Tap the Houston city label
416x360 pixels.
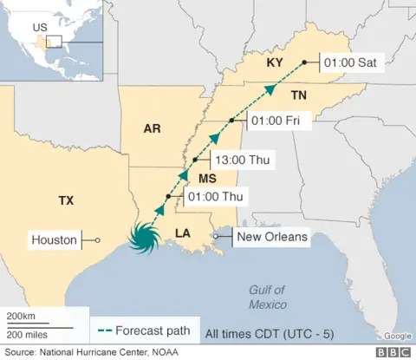click(x=54, y=239)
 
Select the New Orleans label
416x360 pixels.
click(x=272, y=237)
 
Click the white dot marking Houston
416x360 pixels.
click(x=97, y=240)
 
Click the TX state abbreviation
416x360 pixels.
click(x=66, y=200)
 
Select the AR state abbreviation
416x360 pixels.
click(x=153, y=129)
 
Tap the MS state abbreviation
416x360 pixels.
click(x=207, y=178)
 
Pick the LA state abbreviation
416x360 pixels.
click(x=182, y=232)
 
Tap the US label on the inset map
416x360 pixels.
click(x=39, y=27)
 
